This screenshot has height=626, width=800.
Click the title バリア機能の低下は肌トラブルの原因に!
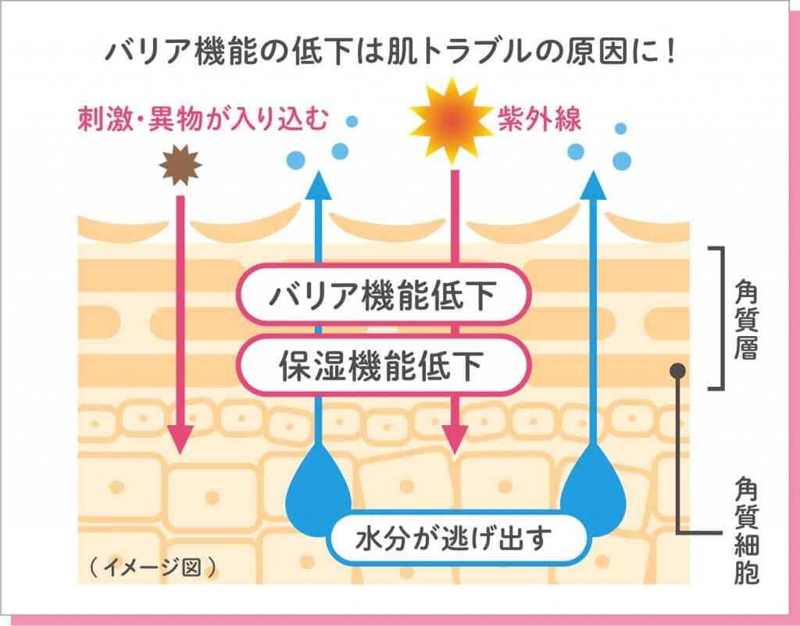[390, 52]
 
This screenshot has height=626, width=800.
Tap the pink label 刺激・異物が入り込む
[202, 120]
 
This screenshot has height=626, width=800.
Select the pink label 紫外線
[539, 120]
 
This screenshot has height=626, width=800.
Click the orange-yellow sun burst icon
[452, 121]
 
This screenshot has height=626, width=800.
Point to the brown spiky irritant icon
[180, 165]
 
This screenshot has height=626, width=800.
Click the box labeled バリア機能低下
[383, 295]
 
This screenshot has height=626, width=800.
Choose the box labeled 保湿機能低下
[383, 365]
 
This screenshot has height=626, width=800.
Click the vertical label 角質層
[746, 320]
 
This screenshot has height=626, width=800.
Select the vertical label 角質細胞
[746, 531]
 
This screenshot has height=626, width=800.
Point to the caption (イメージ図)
[152, 567]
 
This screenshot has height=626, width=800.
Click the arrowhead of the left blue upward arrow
[319, 186]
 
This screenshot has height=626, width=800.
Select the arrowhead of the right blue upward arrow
[594, 186]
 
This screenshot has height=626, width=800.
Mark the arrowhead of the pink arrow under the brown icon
[180, 439]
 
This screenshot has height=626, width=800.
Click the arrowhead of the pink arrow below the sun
[454, 439]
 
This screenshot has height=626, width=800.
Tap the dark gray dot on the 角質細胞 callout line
[677, 371]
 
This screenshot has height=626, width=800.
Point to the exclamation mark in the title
[670, 52]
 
